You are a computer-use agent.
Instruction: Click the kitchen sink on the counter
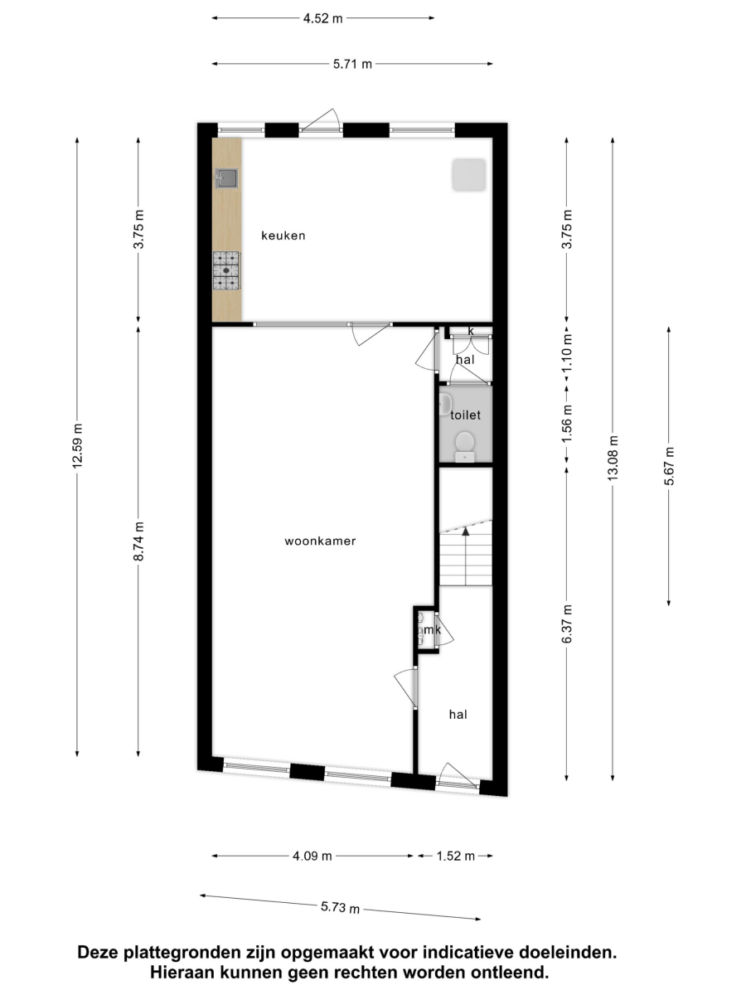[x=226, y=177]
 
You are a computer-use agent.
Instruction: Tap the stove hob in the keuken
[x=226, y=270]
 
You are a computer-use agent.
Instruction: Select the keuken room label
[x=283, y=235]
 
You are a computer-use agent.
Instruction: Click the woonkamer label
[x=320, y=541]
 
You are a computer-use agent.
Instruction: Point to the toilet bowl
[x=465, y=446]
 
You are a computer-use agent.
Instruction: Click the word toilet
[x=465, y=415]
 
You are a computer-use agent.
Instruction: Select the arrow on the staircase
[x=466, y=556]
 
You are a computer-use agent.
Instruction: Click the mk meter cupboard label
[x=432, y=629]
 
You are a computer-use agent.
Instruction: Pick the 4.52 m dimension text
[x=323, y=18]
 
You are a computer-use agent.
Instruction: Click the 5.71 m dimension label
[x=352, y=65]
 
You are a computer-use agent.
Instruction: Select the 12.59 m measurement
[x=77, y=446]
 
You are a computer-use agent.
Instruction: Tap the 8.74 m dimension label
[x=138, y=541]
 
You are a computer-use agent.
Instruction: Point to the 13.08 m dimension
[x=613, y=459]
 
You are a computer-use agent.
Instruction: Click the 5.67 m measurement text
[x=669, y=466]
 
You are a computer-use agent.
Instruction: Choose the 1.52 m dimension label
[x=456, y=856]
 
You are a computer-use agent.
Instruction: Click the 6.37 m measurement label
[x=567, y=624]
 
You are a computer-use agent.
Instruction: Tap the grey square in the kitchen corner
[x=469, y=174]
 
